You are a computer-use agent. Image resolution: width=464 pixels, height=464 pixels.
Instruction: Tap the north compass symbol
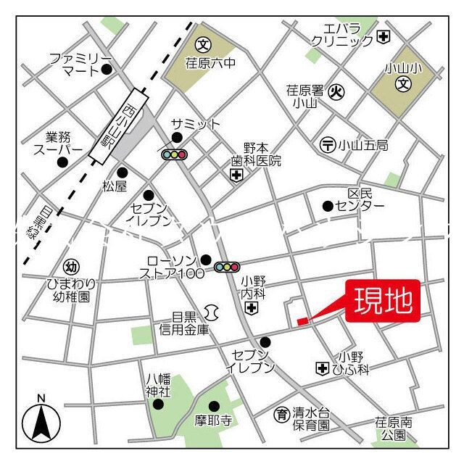point(41,421)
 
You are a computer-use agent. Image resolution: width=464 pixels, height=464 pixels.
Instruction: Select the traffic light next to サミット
point(175,154)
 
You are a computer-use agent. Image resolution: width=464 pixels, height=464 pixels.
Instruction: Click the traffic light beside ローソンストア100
point(227,268)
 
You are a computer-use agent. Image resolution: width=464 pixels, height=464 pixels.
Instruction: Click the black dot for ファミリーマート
point(107,70)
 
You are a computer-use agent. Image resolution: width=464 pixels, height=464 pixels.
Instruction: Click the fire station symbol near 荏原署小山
point(336,92)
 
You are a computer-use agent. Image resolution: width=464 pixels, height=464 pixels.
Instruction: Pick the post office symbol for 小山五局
point(328,145)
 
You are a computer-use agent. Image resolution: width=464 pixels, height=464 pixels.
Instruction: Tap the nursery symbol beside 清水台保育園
point(280,415)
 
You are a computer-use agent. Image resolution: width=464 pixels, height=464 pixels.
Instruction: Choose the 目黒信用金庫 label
point(183,323)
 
